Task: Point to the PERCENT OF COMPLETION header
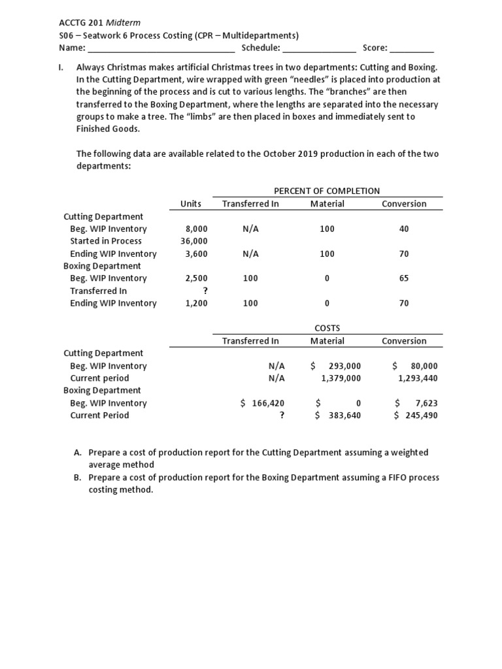326,191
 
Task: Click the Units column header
191,204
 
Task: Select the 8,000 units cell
197,229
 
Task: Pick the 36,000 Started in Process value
194,241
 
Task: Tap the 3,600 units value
197,254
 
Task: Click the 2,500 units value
197,278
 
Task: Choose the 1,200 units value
197,303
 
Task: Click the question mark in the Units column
205,291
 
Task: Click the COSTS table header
327,328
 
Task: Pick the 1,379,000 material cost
341,378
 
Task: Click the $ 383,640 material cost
338,416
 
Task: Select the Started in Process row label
105,241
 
